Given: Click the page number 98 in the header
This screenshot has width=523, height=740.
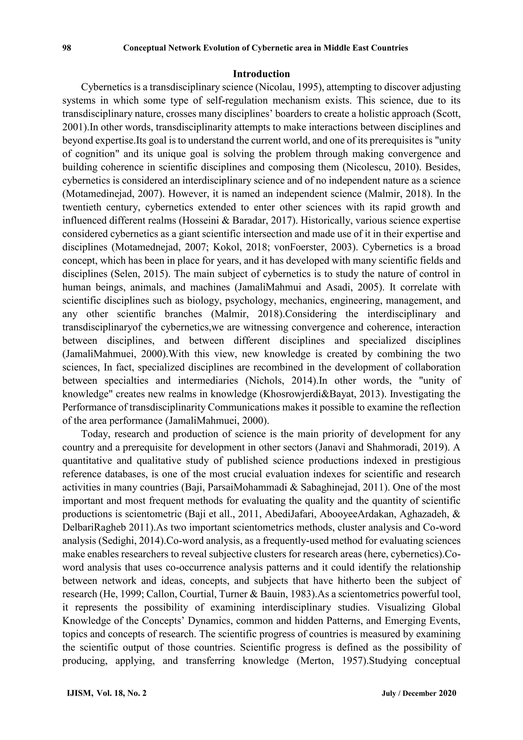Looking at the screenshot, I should (x=67, y=48).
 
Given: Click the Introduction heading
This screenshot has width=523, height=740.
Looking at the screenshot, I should (x=261, y=74).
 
